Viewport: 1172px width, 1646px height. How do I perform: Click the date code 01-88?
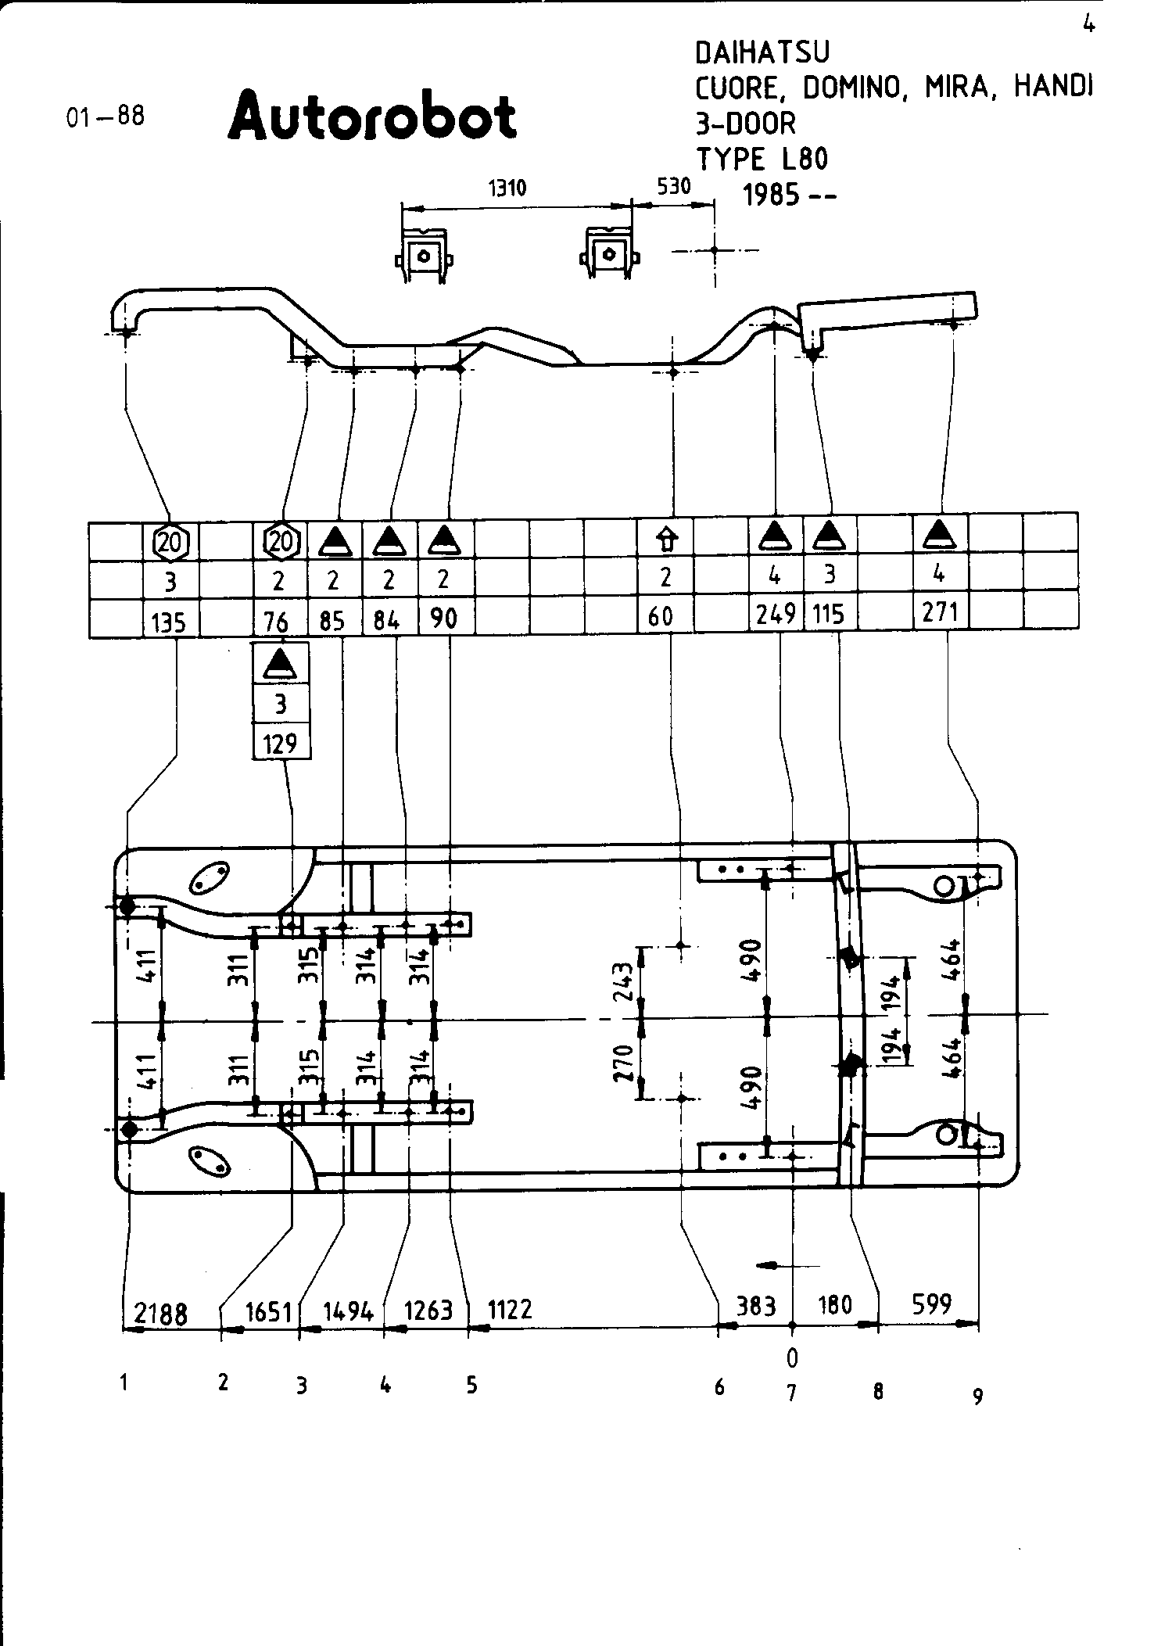[x=106, y=117]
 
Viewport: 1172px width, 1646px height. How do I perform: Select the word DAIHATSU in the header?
[x=762, y=52]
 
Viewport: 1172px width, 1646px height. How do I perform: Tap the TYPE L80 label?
[x=762, y=159]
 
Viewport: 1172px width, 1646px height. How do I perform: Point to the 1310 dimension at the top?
[x=507, y=188]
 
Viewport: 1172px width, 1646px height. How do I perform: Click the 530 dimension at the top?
[x=674, y=186]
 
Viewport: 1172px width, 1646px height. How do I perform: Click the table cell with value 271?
[x=940, y=611]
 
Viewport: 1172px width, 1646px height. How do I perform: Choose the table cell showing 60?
[x=661, y=617]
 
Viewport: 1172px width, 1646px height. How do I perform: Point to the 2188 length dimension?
[x=161, y=1313]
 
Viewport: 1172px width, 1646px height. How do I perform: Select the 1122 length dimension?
[x=510, y=1308]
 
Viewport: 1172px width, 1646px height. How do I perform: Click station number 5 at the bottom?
[x=471, y=1386]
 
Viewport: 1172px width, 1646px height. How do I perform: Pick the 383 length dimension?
[x=756, y=1305]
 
